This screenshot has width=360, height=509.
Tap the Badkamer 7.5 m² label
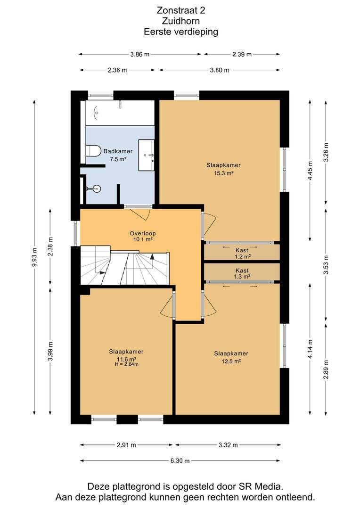(118, 155)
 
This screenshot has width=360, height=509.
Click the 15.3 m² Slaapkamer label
(224, 169)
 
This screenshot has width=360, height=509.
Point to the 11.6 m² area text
(126, 359)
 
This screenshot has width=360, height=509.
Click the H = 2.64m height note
(127, 364)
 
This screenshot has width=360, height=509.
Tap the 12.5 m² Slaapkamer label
(231, 357)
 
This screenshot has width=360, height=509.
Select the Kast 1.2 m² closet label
(242, 253)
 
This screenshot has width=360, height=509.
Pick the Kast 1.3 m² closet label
(242, 273)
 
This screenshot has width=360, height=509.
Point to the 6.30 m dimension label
(180, 460)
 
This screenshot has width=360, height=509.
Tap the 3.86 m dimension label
(140, 55)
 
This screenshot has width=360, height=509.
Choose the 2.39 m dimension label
(242, 55)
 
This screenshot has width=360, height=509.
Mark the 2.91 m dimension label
(126, 445)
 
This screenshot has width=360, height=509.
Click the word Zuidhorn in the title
(181, 21)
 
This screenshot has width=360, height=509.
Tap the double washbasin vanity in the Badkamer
(147, 155)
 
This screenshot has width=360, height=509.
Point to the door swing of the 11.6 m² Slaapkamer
(167, 304)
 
